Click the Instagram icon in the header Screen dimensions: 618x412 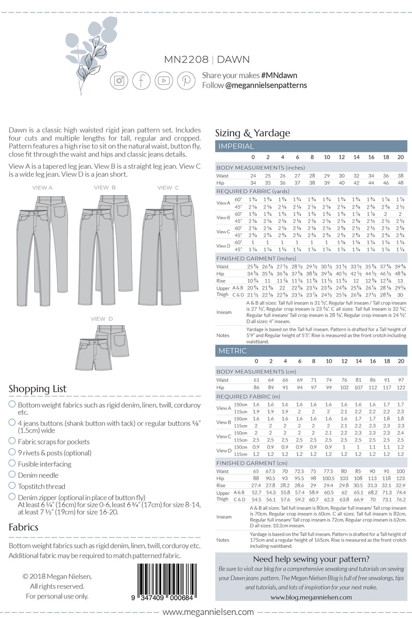[119, 80]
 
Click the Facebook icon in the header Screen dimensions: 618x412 [142, 80]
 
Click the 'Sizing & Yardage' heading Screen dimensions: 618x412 [252, 133]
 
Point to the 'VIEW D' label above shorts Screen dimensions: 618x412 [101, 319]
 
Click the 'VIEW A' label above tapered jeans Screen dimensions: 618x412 [43, 187]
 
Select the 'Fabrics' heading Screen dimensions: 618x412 [23, 527]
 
